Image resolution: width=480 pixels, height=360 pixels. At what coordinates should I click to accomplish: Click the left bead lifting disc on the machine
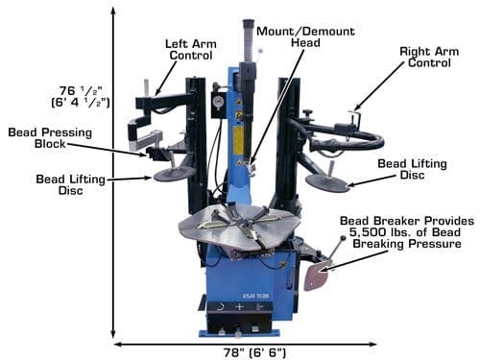174,175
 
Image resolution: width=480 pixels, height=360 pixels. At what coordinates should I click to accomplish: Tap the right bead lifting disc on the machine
327,181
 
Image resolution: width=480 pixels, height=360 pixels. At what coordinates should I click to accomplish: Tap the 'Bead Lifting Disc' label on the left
70,184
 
